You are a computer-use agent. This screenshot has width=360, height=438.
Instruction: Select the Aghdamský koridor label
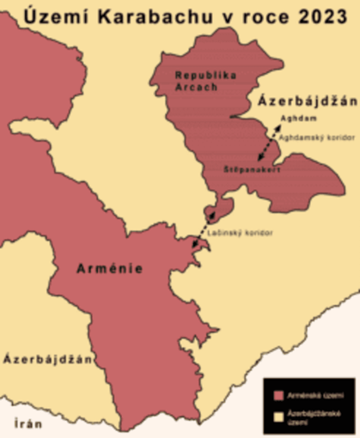pyautogui.click(x=311, y=137)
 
